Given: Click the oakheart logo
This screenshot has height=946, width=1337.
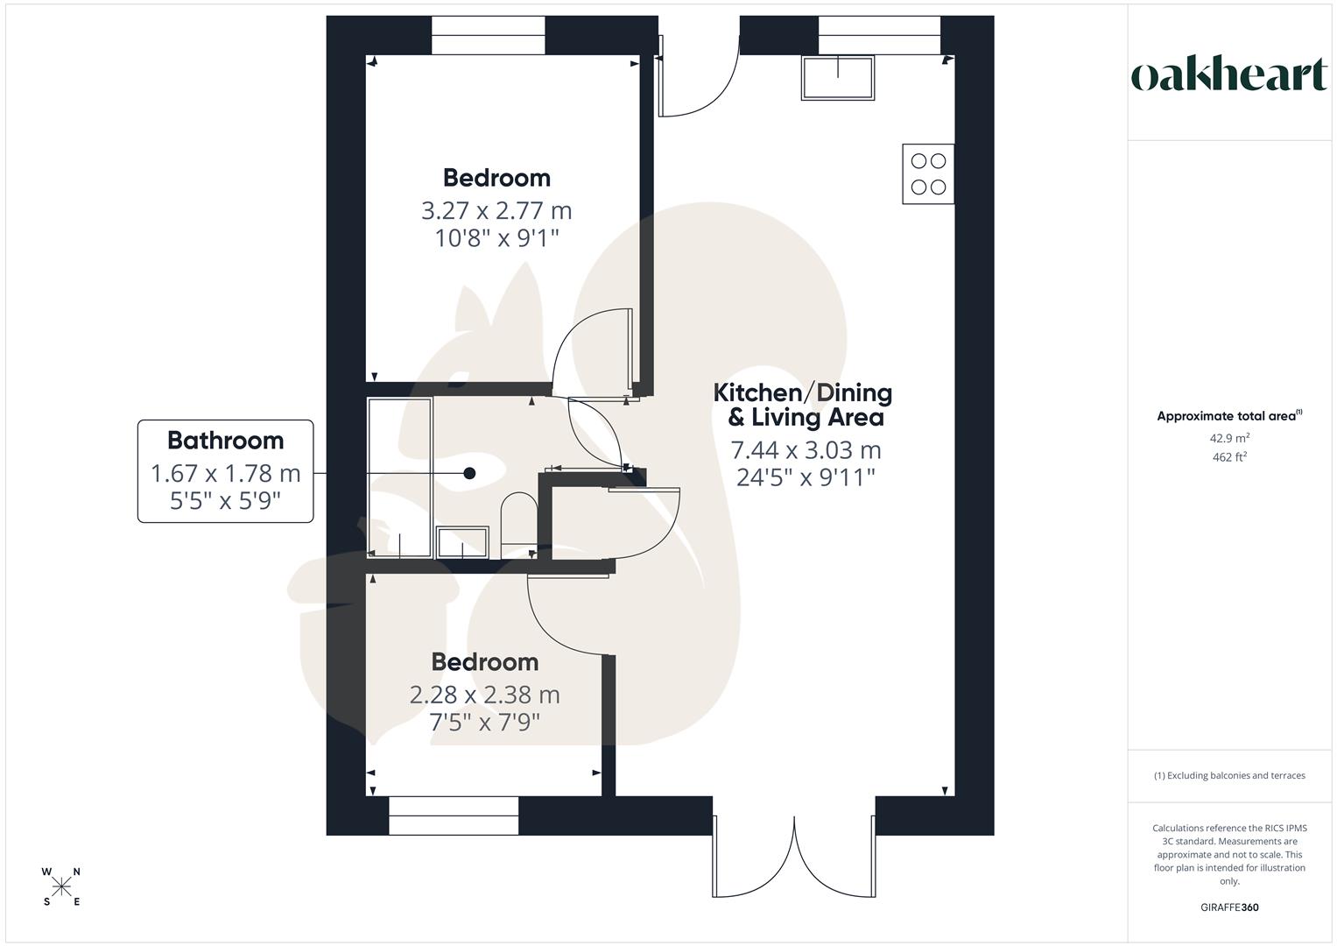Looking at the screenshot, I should click(1228, 75).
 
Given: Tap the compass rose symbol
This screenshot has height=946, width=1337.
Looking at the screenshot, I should click(61, 887).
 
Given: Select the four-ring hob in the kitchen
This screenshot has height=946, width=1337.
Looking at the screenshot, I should click(928, 173).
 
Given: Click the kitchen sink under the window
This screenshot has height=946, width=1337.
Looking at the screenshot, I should click(838, 77).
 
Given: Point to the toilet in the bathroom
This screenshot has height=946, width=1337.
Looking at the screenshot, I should click(518, 524).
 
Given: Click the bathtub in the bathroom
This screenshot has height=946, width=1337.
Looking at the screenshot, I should click(400, 477).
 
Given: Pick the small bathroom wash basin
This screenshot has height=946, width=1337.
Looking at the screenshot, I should click(462, 541).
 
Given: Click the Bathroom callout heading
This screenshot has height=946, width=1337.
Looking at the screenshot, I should click(225, 440).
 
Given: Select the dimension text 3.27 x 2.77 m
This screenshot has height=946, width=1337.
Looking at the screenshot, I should click(496, 211).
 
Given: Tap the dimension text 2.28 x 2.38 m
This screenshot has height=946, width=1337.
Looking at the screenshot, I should click(484, 695).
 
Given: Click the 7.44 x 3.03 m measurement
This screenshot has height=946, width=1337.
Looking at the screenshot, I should click(806, 450).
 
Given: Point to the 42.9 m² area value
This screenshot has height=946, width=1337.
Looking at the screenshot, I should click(1229, 438).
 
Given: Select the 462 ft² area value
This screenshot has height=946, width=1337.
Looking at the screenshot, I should click(1229, 456).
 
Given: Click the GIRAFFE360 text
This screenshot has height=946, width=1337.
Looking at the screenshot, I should click(1229, 907).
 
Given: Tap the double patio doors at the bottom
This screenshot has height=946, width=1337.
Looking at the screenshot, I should click(794, 854).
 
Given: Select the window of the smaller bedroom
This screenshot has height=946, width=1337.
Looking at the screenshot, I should click(454, 815).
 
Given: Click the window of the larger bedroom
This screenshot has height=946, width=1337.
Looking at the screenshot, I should click(489, 36).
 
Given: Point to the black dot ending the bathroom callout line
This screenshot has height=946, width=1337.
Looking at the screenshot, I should click(469, 473).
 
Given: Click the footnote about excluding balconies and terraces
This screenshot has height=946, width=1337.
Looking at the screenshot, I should click(1229, 775).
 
